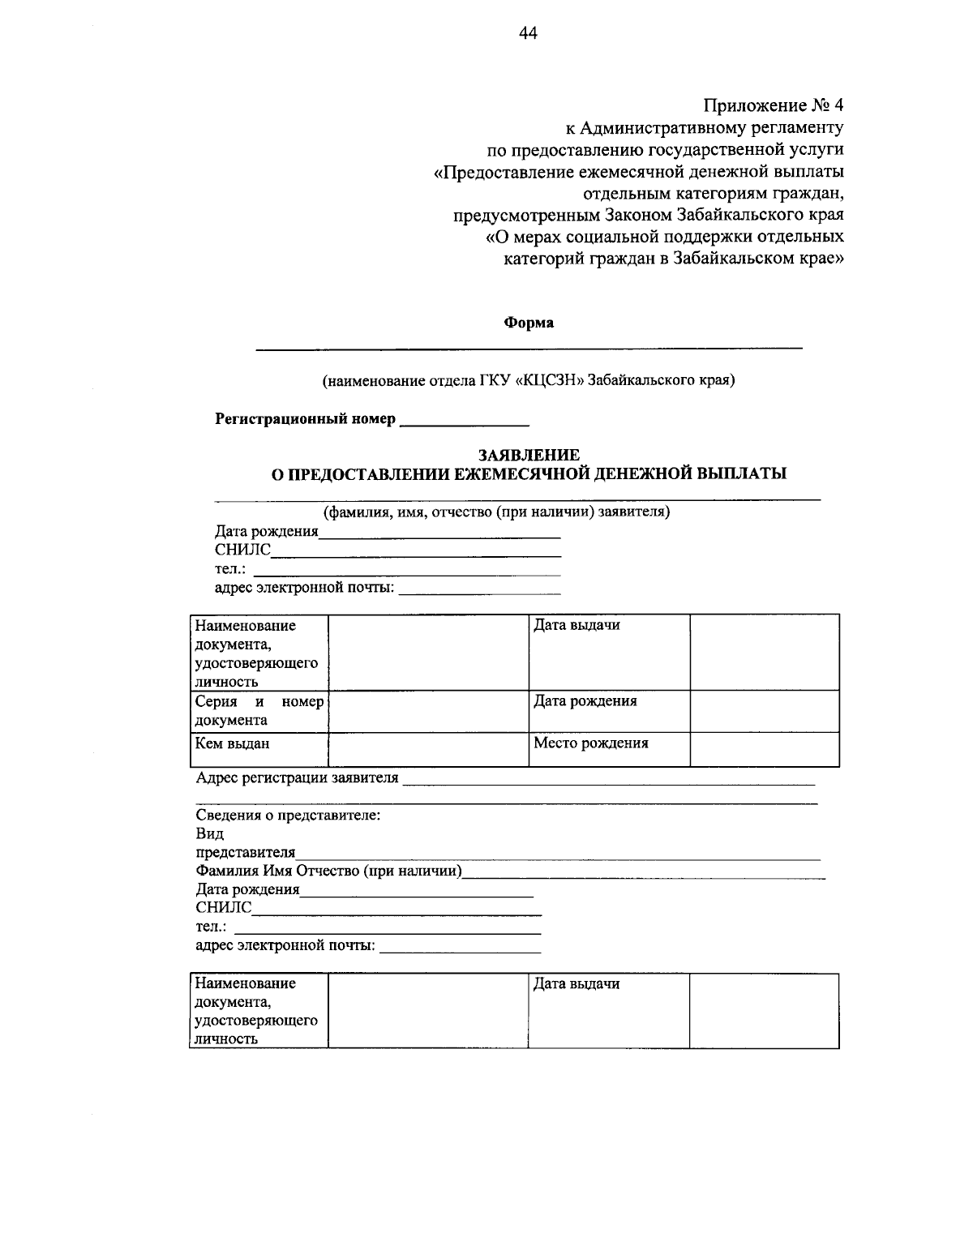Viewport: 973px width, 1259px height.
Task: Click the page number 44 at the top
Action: [528, 32]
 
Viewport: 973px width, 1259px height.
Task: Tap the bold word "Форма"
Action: [529, 323]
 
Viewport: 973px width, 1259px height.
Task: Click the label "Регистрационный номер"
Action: [305, 419]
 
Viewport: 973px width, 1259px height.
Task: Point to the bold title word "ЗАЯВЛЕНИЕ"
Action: [529, 456]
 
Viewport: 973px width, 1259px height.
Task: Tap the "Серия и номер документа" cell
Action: [259, 710]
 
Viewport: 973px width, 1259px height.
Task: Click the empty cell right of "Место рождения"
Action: [764, 749]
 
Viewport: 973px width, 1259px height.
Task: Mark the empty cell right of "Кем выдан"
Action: [428, 749]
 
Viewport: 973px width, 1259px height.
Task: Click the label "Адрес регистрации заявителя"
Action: [298, 778]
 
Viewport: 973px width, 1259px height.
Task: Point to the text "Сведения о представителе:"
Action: [289, 816]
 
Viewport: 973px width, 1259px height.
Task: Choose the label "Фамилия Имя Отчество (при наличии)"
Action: [329, 871]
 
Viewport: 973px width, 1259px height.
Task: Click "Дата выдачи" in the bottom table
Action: [577, 984]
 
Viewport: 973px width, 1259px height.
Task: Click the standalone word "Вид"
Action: [210, 834]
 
